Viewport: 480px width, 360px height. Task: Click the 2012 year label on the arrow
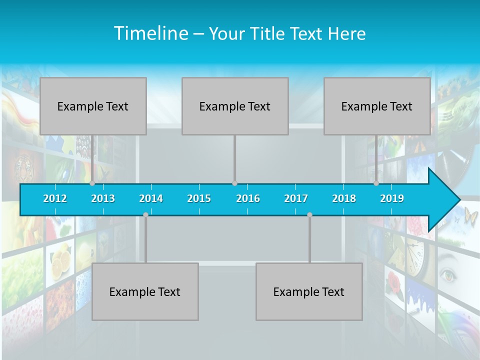[x=55, y=198]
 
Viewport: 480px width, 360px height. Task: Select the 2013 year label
[x=103, y=198]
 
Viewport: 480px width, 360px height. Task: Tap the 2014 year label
[x=151, y=198]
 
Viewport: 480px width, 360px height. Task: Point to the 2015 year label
[x=199, y=198]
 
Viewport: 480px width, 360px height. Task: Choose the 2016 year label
[x=248, y=198]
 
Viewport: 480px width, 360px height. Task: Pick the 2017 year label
[x=296, y=198]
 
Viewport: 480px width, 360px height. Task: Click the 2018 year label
[x=344, y=198]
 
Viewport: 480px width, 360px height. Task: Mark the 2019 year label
[x=392, y=198]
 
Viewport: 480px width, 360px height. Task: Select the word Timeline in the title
[x=151, y=33]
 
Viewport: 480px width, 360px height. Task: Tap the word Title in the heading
[x=269, y=34]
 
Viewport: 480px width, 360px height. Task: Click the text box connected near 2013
[x=93, y=106]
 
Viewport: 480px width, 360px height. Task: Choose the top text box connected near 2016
[x=235, y=106]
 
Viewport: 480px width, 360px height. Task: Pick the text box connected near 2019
[x=377, y=106]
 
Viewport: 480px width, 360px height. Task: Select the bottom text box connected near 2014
[x=145, y=292]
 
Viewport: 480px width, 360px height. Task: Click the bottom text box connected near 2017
[x=309, y=292]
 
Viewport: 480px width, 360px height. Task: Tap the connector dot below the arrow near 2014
[x=145, y=214]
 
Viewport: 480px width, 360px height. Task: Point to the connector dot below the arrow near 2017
[x=309, y=214]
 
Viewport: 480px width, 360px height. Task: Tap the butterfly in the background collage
[x=470, y=216]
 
